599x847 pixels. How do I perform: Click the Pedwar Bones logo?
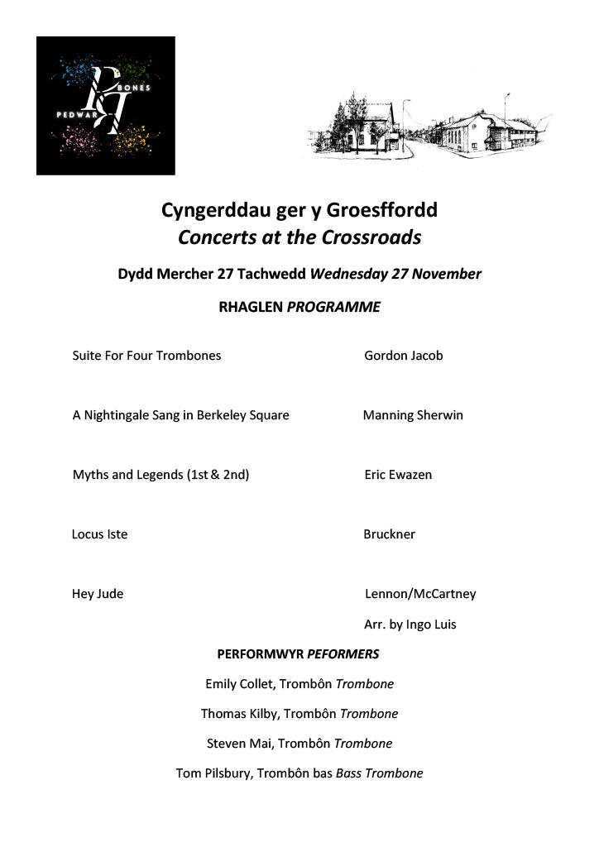tap(106, 105)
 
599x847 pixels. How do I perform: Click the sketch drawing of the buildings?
tap(430, 129)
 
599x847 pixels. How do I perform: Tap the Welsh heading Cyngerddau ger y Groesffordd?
tap(299, 210)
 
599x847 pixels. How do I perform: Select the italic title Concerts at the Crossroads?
tap(299, 237)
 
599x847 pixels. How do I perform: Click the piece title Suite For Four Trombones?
tap(146, 356)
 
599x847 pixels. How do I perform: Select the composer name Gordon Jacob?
tap(403, 356)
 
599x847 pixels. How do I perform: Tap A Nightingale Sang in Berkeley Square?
tap(180, 415)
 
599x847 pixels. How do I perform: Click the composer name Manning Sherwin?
tap(413, 415)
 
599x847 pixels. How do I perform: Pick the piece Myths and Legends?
tap(161, 475)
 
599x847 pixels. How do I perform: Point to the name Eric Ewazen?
tap(397, 475)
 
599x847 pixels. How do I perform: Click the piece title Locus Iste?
tap(99, 534)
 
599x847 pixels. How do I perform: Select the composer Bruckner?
tap(389, 534)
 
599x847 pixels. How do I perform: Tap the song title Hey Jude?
tap(98, 594)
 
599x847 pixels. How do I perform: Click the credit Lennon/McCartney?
tap(420, 594)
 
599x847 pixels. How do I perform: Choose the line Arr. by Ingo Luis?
tap(410, 624)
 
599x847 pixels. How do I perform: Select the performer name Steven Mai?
tap(238, 744)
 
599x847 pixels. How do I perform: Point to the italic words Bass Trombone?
tap(379, 773)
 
